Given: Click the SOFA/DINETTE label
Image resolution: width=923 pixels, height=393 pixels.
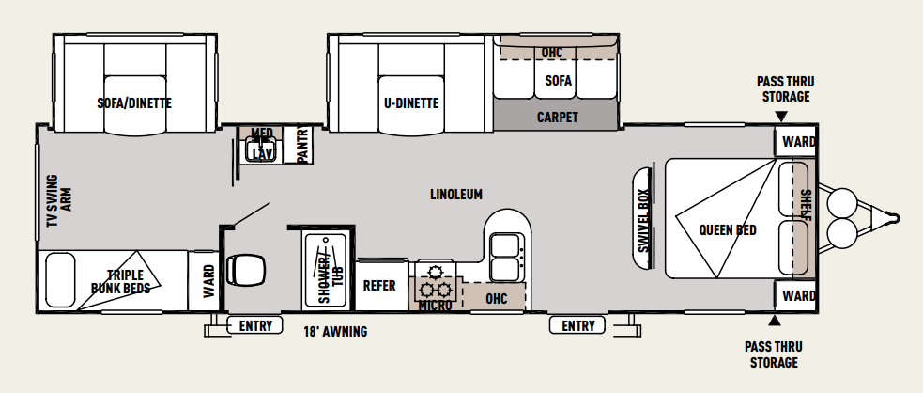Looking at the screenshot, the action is pyautogui.click(x=134, y=103).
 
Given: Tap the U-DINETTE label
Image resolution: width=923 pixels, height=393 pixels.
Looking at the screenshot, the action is pyautogui.click(x=411, y=103).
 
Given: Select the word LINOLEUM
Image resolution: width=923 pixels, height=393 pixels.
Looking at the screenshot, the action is pyautogui.click(x=456, y=194).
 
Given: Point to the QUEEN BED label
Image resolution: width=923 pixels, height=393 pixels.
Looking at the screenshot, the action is pyautogui.click(x=728, y=229).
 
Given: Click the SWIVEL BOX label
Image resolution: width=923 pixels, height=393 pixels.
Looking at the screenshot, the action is pyautogui.click(x=643, y=220).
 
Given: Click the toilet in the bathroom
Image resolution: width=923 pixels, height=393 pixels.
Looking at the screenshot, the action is pyautogui.click(x=245, y=269).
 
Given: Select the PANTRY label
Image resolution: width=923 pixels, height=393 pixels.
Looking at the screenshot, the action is pyautogui.click(x=303, y=145).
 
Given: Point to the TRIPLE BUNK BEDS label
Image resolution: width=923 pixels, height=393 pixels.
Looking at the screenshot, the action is pyautogui.click(x=120, y=282).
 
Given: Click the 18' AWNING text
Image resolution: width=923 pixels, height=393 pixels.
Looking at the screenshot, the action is pyautogui.click(x=335, y=332).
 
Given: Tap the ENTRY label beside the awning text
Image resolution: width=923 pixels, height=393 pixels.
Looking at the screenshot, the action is pyautogui.click(x=256, y=325).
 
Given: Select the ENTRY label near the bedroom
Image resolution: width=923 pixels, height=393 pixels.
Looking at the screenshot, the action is pyautogui.click(x=578, y=325).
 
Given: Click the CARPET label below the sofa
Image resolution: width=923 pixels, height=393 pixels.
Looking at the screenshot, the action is pyautogui.click(x=557, y=117).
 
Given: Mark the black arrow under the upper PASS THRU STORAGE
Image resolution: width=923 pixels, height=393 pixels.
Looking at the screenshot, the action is pyautogui.click(x=781, y=116).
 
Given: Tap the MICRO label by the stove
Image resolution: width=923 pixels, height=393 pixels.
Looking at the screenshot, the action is pyautogui.click(x=435, y=306).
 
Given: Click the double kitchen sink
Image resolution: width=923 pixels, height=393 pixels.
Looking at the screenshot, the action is pyautogui.click(x=506, y=257).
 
